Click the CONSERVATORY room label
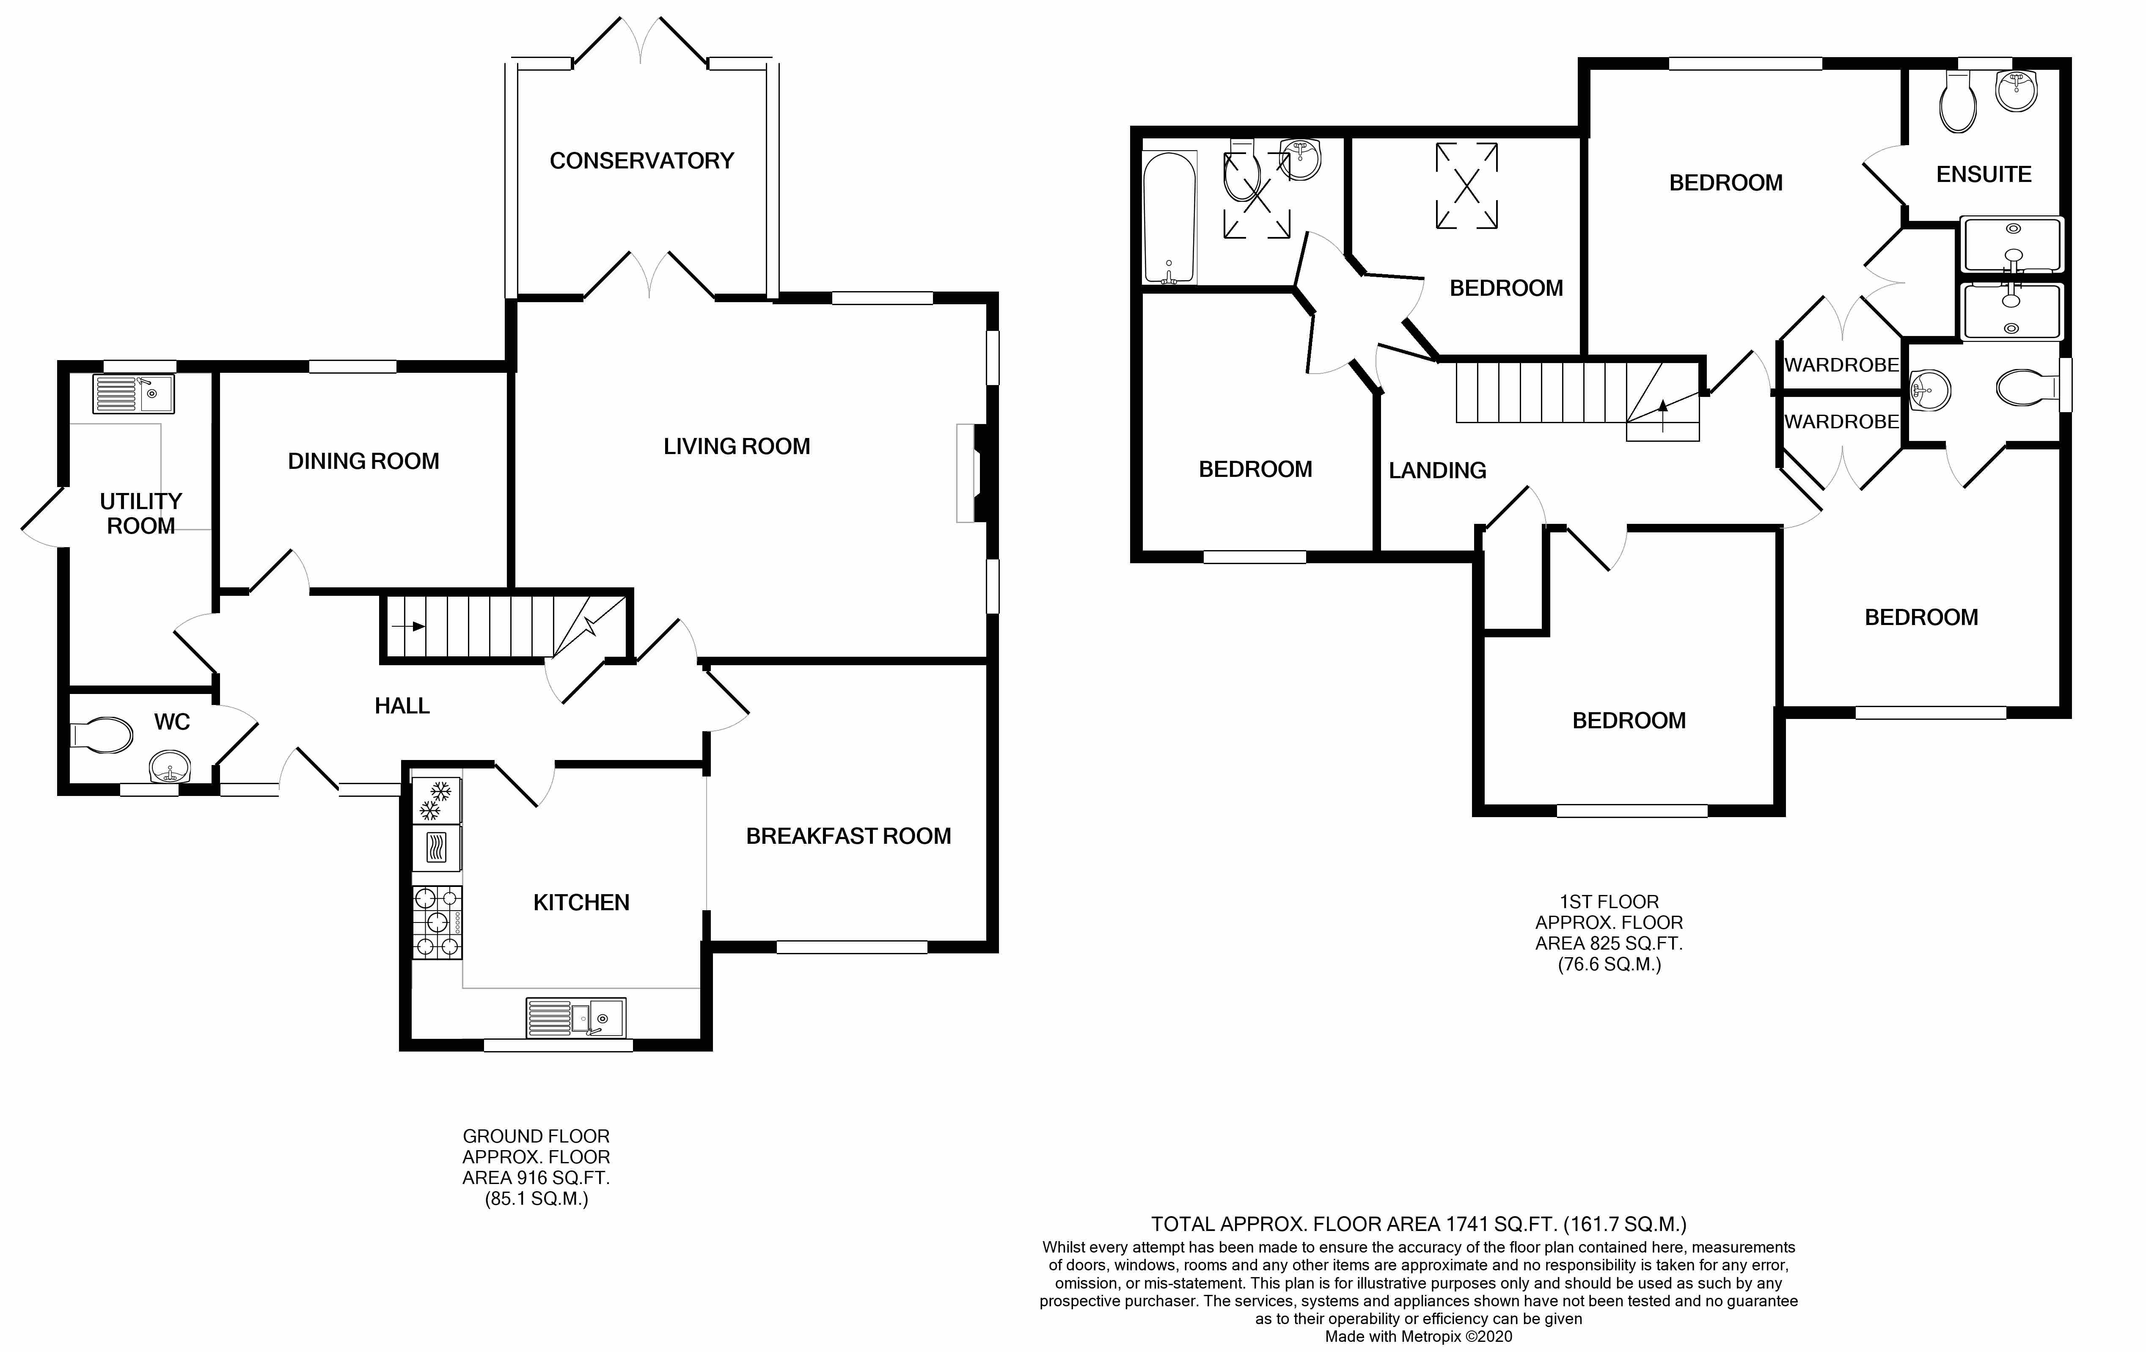click(x=642, y=160)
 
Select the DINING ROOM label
click(x=363, y=461)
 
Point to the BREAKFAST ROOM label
click(x=848, y=836)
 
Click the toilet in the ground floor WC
click(x=101, y=735)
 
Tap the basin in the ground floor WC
click(x=169, y=766)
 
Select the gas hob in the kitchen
click(x=437, y=922)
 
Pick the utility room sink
click(x=134, y=393)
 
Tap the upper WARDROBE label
click(x=1841, y=364)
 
